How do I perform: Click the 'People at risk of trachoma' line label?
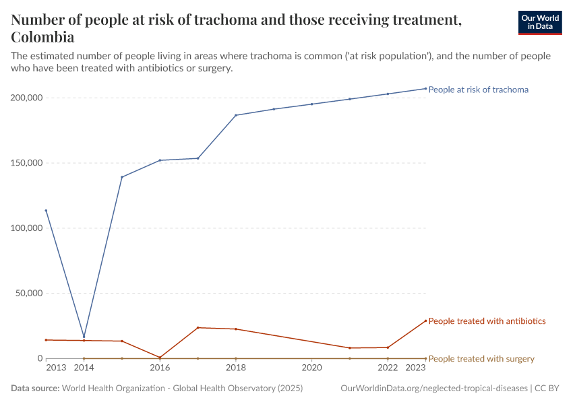pyautogui.click(x=478, y=90)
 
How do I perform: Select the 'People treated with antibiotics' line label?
pyautogui.click(x=487, y=321)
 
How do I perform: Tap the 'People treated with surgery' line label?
pyautogui.click(x=481, y=359)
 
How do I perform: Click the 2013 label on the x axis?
pyautogui.click(x=56, y=368)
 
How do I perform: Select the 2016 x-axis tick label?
pyautogui.click(x=160, y=368)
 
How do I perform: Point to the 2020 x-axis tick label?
pyautogui.click(x=311, y=368)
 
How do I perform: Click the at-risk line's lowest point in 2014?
pyautogui.click(x=84, y=337)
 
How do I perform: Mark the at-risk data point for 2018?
pyautogui.click(x=236, y=115)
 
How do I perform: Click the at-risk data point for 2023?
pyautogui.click(x=425, y=88)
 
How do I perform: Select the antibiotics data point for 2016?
pyautogui.click(x=160, y=358)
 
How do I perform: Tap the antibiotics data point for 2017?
pyautogui.click(x=198, y=327)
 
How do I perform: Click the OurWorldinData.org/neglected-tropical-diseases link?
pyautogui.click(x=435, y=389)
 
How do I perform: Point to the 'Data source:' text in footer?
pyautogui.click(x=35, y=389)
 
